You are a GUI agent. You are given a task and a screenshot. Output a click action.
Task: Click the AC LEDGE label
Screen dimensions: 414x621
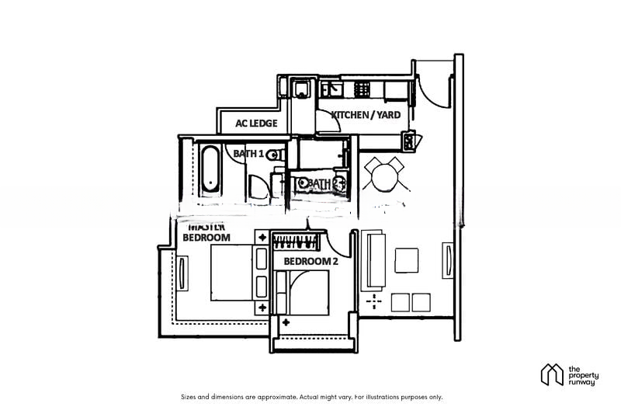(252, 122)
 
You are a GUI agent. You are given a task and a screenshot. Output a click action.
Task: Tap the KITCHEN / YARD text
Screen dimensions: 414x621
(366, 115)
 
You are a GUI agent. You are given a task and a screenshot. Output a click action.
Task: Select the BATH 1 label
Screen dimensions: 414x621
(248, 154)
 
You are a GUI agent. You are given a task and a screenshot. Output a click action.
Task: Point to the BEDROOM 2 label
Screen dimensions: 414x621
(310, 262)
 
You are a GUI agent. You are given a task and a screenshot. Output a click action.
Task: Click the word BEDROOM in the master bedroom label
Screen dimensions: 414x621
(206, 237)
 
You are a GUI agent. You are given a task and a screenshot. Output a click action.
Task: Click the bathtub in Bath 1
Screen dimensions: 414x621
(209, 169)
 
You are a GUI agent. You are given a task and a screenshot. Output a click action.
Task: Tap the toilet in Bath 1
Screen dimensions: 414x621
(274, 155)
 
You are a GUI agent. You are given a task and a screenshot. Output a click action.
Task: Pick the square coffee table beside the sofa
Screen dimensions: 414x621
(406, 259)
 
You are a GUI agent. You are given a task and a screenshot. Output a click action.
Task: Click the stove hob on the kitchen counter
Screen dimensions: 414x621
(362, 89)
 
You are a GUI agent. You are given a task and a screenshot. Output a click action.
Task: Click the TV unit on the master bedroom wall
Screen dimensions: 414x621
(182, 273)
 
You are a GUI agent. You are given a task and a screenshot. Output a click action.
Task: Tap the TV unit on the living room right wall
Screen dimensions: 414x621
(447, 260)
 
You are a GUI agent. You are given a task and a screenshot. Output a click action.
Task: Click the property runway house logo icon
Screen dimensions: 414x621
(552, 374)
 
